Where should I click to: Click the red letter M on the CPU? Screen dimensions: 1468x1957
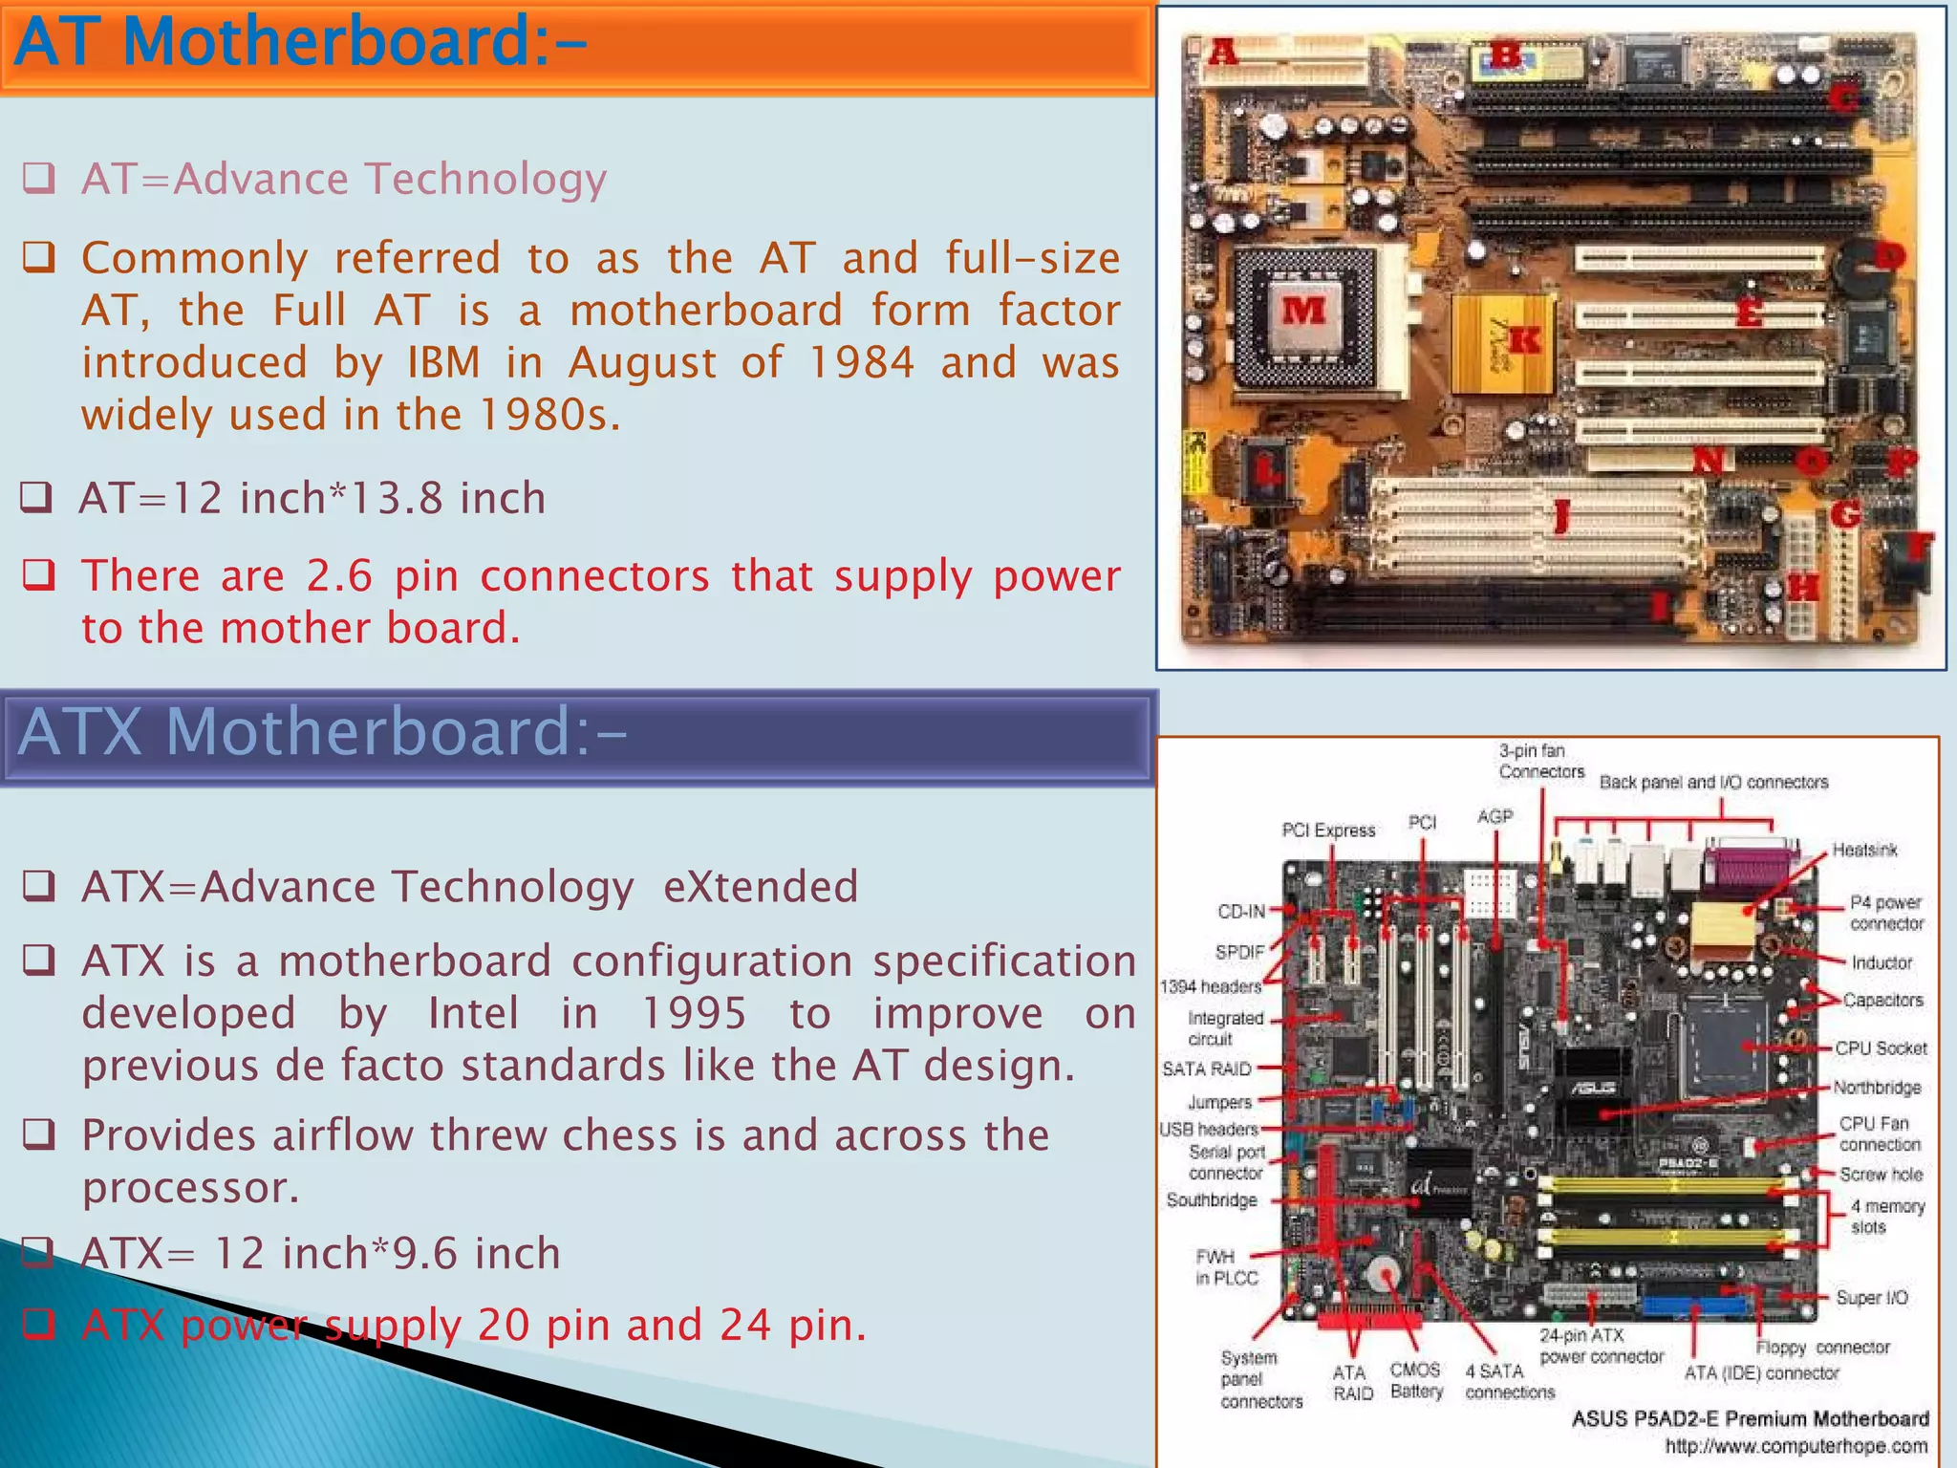[x=1303, y=310]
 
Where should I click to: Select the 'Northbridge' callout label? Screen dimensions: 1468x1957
[x=1876, y=1088]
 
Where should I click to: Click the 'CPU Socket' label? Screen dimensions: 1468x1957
[x=1881, y=1048]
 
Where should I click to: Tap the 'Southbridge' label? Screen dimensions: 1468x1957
[x=1211, y=1200]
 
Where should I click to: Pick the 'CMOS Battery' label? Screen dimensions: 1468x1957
[x=1416, y=1381]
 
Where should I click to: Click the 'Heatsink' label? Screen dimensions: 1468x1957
[x=1864, y=850]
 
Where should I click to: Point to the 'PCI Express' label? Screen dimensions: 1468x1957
[x=1328, y=831]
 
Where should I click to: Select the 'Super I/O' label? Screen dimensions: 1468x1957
[x=1871, y=1298]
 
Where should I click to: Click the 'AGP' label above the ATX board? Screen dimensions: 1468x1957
[x=1495, y=817]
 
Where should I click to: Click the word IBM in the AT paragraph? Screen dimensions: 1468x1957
[x=444, y=363]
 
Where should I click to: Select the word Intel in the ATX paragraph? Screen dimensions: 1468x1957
[x=473, y=1013]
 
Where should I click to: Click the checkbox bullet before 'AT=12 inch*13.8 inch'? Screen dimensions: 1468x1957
[x=36, y=497]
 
